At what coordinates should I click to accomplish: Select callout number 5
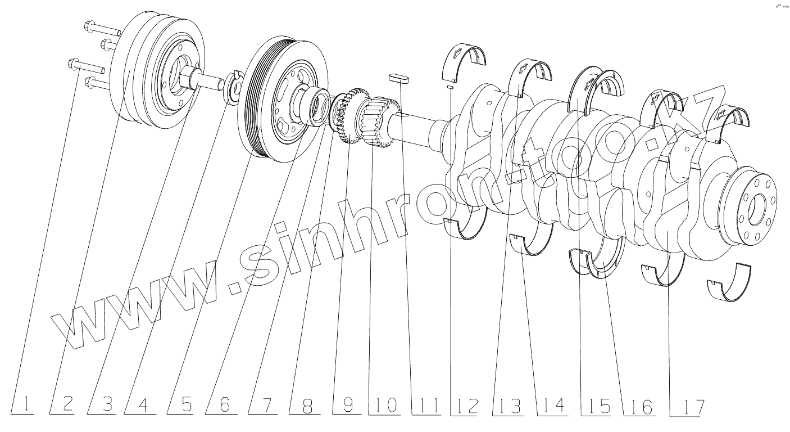pos(186,404)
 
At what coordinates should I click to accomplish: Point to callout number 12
pos(468,405)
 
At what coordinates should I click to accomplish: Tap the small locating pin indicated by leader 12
pos(450,87)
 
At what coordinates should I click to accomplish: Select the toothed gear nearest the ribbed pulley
pos(351,115)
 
